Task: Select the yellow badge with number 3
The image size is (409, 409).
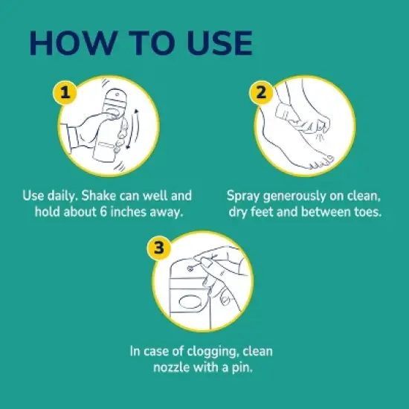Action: tap(158, 247)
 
